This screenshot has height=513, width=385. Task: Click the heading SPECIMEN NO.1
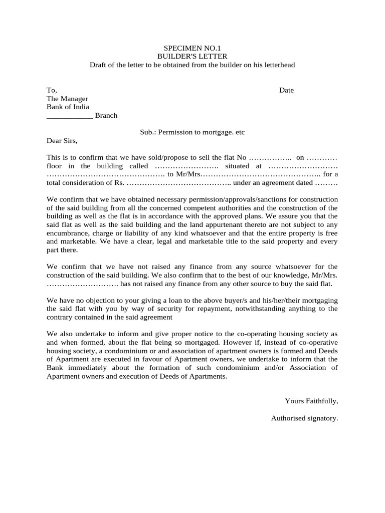pyautogui.click(x=192, y=48)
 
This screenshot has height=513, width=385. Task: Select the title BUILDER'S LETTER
pyautogui.click(x=192, y=57)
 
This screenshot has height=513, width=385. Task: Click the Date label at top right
pyautogui.click(x=286, y=90)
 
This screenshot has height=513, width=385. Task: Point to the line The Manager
pyautogui.click(x=67, y=99)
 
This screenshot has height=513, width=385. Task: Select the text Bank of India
pyautogui.click(x=68, y=107)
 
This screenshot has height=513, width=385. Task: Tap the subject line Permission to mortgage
pyautogui.click(x=192, y=132)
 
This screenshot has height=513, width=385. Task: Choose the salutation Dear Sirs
pyautogui.click(x=62, y=140)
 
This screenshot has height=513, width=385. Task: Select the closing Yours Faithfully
pyautogui.click(x=311, y=401)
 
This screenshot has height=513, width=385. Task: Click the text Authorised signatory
pyautogui.click(x=304, y=418)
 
